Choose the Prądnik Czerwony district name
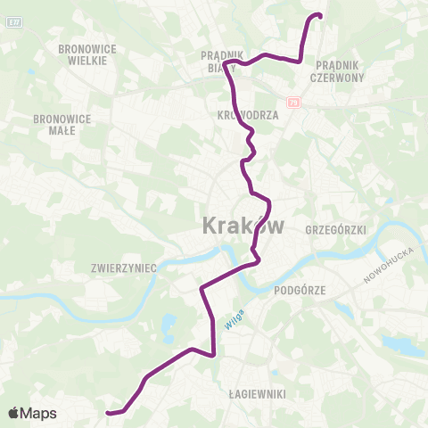337,70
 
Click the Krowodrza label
248,115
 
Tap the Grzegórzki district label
336,229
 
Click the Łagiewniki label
256,392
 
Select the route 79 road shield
293,103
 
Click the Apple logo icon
14,413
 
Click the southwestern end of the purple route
108,413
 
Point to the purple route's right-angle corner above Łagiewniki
214,354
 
